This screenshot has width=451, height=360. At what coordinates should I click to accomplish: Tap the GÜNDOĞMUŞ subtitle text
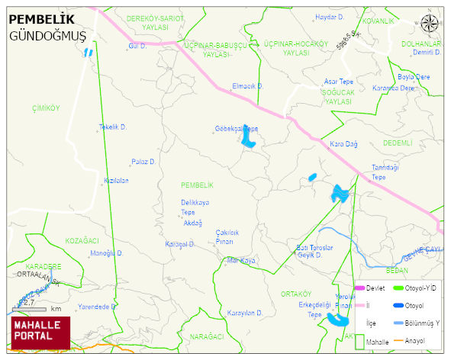click(47, 37)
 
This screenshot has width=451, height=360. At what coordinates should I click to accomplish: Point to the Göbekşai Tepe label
click(237, 128)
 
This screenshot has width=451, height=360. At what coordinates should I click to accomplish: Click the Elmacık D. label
click(247, 86)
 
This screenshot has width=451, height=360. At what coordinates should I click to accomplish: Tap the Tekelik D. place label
click(113, 127)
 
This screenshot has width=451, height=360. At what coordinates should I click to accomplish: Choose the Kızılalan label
click(116, 181)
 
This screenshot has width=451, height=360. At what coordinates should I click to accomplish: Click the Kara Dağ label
click(343, 143)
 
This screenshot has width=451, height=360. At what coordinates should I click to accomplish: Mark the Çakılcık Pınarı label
click(227, 236)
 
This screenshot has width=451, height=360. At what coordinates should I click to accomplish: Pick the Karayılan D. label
click(244, 313)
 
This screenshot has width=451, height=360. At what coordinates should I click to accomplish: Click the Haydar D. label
click(330, 16)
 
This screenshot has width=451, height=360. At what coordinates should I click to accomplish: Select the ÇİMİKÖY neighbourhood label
click(46, 108)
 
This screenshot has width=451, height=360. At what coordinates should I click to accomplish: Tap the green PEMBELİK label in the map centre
click(197, 185)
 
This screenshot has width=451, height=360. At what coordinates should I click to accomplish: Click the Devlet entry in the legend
click(375, 288)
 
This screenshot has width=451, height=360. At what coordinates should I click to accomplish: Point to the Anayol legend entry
click(416, 340)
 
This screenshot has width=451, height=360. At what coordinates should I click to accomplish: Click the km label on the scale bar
click(56, 309)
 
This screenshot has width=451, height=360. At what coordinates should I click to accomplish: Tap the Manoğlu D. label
click(107, 253)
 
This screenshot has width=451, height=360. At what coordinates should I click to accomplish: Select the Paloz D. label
click(143, 162)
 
